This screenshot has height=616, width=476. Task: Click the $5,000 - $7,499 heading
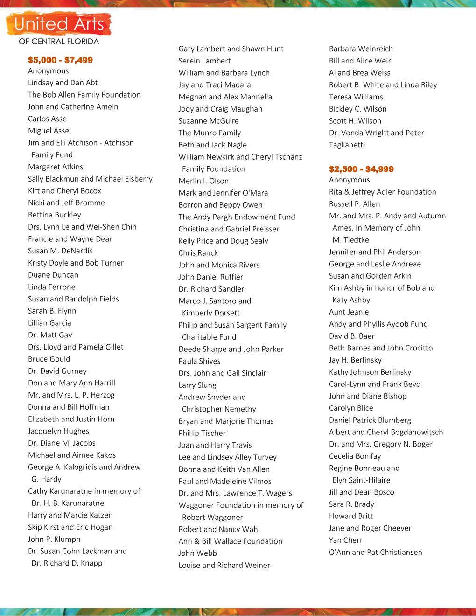[x=60, y=60]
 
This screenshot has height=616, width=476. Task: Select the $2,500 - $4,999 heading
[x=361, y=169]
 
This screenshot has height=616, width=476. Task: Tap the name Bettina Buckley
[x=55, y=215]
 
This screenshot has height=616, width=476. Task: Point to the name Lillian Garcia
[x=49, y=323]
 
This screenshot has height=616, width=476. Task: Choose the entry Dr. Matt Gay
[x=50, y=335]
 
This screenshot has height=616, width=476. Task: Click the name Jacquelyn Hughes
[x=58, y=431]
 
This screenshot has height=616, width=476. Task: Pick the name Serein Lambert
[x=204, y=61]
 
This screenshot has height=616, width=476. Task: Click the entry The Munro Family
[x=210, y=133]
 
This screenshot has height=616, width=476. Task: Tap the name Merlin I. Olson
[x=203, y=181]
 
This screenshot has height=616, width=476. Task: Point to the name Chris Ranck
[x=198, y=253]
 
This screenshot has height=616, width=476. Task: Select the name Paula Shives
[x=199, y=361]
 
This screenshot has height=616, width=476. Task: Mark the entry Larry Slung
[x=197, y=385]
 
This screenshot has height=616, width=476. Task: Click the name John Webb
[x=197, y=553]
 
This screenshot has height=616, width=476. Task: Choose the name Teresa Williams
[x=356, y=97]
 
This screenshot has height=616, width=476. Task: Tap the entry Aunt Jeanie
[x=349, y=312]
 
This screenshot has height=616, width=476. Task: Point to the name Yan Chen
[x=345, y=540]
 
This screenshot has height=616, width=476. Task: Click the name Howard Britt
[x=351, y=516]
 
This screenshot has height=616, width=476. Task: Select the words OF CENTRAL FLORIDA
[x=59, y=42]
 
